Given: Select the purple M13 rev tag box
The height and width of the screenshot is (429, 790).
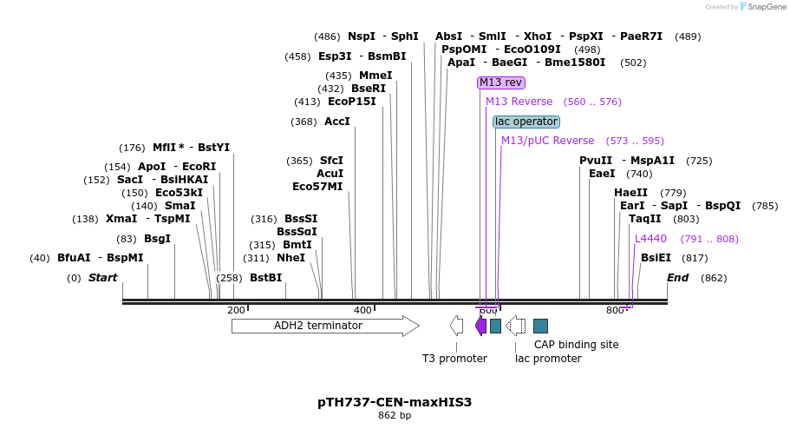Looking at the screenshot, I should click(501, 82).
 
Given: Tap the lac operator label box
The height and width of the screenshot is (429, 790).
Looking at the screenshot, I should click(526, 122).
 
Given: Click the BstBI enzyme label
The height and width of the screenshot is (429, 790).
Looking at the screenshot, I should click(265, 278).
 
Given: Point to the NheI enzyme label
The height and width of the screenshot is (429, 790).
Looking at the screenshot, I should click(291, 258).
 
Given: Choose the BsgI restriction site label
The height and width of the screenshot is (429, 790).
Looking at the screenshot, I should click(157, 239).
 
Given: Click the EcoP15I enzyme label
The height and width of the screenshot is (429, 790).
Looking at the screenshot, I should click(352, 102).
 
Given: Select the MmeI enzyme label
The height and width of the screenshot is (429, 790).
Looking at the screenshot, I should click(375, 76).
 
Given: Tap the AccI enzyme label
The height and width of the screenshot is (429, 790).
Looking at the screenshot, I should click(336, 122).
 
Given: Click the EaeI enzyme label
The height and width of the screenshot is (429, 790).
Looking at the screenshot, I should click(602, 174).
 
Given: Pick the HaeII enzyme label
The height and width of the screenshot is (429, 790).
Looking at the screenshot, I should click(630, 193).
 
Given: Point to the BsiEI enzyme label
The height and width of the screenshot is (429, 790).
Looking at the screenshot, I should click(656, 258).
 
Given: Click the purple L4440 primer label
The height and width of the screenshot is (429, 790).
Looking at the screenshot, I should click(650, 239).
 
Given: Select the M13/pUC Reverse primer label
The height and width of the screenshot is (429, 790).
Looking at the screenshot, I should click(548, 141).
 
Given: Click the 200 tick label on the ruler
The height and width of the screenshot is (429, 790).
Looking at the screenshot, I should click(236, 310).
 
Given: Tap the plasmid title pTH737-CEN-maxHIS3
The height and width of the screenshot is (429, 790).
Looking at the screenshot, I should click(395, 403).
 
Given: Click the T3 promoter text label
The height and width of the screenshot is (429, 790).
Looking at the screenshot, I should click(454, 358).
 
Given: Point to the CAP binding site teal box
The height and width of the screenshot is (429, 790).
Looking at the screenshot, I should click(540, 326).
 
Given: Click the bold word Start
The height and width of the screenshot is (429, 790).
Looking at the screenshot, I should click(102, 278).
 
